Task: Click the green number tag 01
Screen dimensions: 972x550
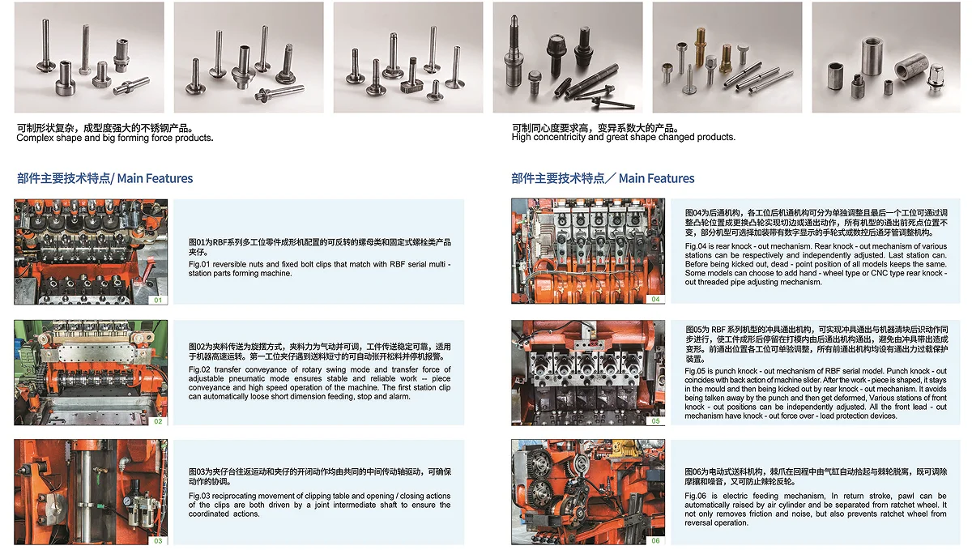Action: pyautogui.click(x=158, y=300)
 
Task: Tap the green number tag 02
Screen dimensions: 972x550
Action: pyautogui.click(x=158, y=421)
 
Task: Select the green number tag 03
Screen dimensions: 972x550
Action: pyautogui.click(x=158, y=540)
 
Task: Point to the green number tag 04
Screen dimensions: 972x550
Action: pyautogui.click(x=655, y=299)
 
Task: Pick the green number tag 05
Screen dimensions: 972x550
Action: pyautogui.click(x=655, y=420)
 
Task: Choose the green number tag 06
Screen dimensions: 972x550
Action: pyautogui.click(x=655, y=540)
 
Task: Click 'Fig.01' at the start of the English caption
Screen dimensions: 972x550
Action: pyautogui.click(x=199, y=264)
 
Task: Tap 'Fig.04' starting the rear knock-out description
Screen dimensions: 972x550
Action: pyautogui.click(x=696, y=245)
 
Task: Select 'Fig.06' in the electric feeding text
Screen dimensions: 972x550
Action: pyautogui.click(x=696, y=495)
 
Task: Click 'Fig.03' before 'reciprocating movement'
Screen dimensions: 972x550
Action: pyautogui.click(x=199, y=495)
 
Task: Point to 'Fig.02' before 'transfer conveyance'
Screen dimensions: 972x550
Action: pyautogui.click(x=199, y=369)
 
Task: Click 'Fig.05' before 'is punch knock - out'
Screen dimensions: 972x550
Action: pyautogui.click(x=696, y=371)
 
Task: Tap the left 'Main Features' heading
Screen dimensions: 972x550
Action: pyautogui.click(x=155, y=178)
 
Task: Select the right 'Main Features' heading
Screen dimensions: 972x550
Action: pyautogui.click(x=657, y=178)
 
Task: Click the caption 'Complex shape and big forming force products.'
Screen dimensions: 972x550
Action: pyautogui.click(x=115, y=138)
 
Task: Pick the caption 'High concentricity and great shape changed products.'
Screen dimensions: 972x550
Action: pyautogui.click(x=624, y=137)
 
